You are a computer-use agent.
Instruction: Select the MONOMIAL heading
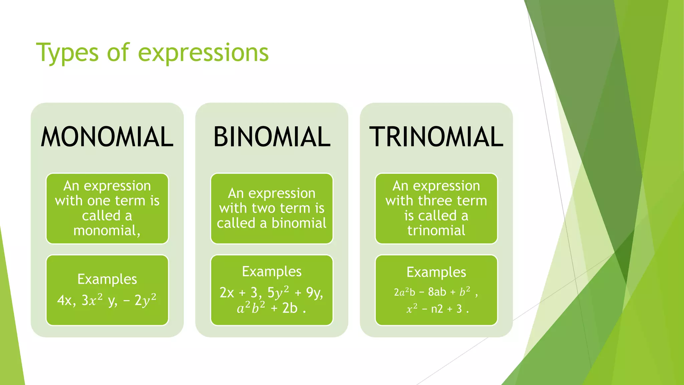(107, 137)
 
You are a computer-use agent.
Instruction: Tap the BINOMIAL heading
(272, 137)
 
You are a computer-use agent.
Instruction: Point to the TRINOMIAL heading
(436, 137)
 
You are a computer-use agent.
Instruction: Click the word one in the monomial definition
(99, 201)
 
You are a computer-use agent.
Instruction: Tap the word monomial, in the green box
(107, 231)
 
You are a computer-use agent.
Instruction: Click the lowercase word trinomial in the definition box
(436, 231)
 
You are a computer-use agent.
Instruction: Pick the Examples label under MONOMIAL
(107, 279)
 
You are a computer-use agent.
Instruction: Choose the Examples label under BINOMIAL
(272, 271)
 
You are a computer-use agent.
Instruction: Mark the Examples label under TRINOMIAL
(436, 272)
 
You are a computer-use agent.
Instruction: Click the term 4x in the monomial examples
(64, 300)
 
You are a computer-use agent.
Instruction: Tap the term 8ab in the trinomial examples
(437, 292)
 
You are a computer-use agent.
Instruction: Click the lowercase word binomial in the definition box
(299, 223)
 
